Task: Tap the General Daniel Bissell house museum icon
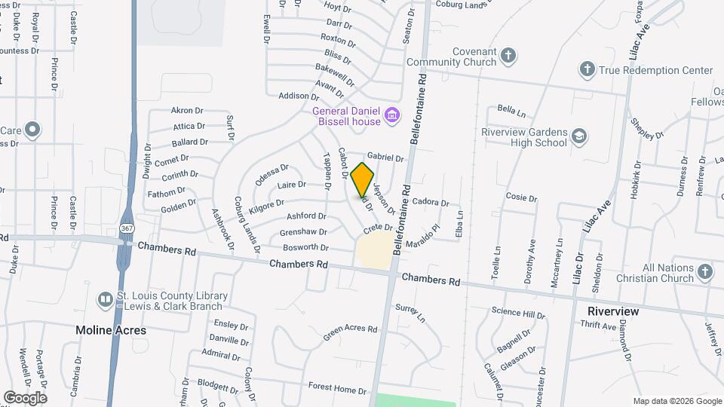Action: click(x=391, y=115)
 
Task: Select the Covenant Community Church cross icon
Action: click(x=509, y=56)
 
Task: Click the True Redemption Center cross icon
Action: click(x=587, y=70)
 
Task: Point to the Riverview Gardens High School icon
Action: click(x=579, y=136)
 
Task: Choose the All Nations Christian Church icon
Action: click(x=704, y=271)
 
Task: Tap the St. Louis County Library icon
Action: click(x=106, y=300)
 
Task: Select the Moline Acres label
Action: click(x=111, y=330)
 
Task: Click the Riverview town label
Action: click(x=613, y=311)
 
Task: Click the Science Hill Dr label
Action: click(x=518, y=312)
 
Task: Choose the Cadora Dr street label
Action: click(x=430, y=202)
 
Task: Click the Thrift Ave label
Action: click(x=599, y=326)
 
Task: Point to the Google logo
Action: click(x=25, y=397)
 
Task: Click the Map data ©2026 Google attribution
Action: click(x=676, y=401)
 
